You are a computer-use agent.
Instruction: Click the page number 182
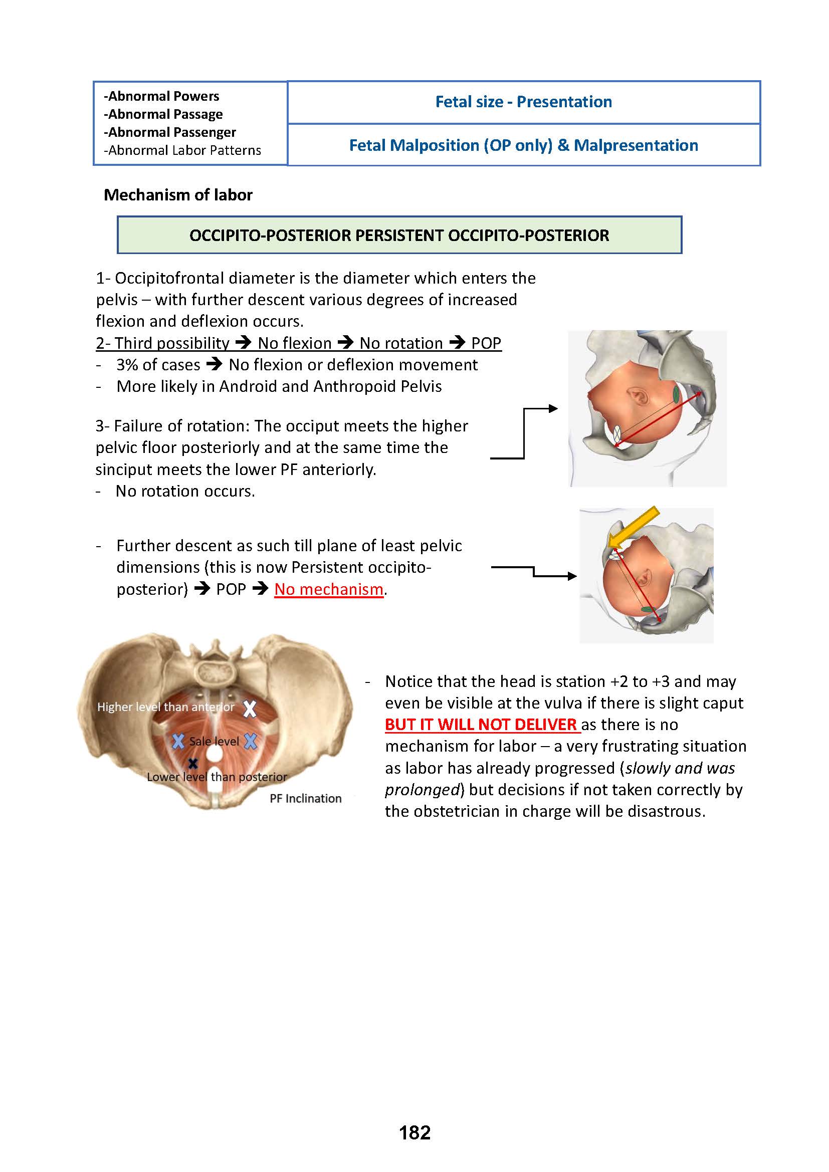point(414,1133)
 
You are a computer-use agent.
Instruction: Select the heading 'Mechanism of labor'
point(177,195)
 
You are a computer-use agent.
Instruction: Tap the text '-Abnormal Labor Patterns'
point(182,151)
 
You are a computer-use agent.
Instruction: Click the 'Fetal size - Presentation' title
point(523,102)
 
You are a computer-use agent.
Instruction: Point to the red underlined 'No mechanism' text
point(329,590)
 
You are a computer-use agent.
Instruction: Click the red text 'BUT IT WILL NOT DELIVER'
point(481,725)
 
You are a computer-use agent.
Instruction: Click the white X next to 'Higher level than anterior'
point(250,709)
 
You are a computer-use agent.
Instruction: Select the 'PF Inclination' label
point(305,798)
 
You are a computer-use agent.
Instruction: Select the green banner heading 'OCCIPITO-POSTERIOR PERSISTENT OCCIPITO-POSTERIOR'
point(399,236)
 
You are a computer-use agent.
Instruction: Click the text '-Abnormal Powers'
point(161,97)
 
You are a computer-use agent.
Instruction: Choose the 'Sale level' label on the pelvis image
point(214,741)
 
